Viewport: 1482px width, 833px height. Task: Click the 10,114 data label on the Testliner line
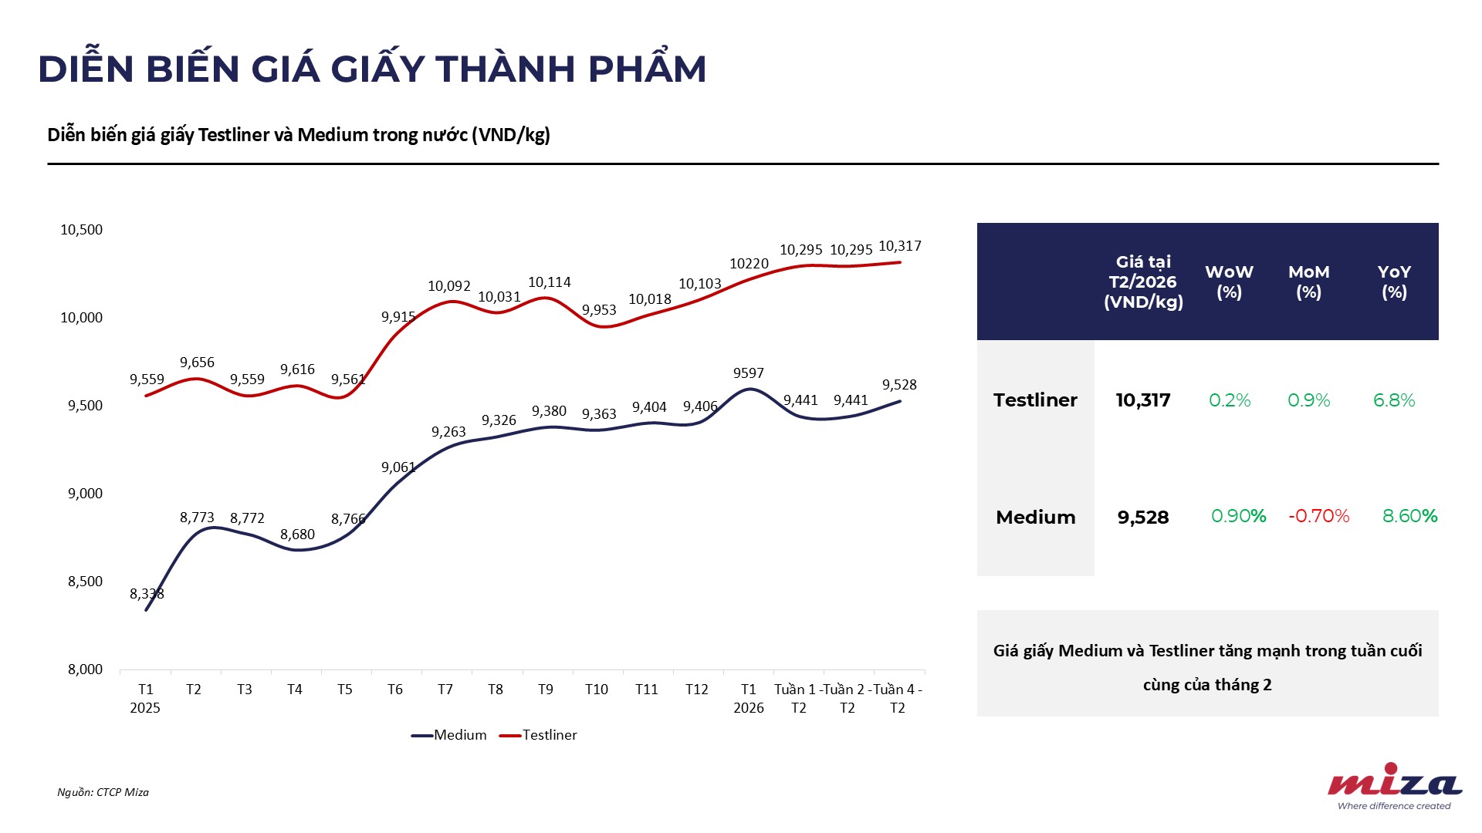[x=549, y=282]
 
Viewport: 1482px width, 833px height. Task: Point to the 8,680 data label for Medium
[x=297, y=535]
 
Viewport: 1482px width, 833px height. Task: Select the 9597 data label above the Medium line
[x=748, y=373]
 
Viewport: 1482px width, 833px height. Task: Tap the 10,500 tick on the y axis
[x=81, y=230]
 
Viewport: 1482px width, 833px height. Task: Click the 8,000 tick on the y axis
[x=85, y=669]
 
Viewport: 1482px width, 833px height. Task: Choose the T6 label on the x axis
[x=394, y=690]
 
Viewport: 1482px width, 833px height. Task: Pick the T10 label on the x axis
[x=596, y=690]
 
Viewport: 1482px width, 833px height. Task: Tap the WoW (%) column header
[x=1229, y=282]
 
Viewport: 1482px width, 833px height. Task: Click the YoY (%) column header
[x=1393, y=282]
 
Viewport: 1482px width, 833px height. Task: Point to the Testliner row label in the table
[x=1035, y=400]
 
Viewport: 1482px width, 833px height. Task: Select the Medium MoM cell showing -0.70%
[x=1318, y=516]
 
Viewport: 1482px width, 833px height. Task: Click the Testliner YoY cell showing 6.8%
[x=1393, y=400]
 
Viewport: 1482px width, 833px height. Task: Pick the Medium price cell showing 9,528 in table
[x=1143, y=518]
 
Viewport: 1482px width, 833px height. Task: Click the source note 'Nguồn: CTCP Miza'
[x=103, y=792]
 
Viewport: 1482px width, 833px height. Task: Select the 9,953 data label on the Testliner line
[x=599, y=310]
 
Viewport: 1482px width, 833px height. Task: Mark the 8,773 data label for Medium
[x=197, y=518]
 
